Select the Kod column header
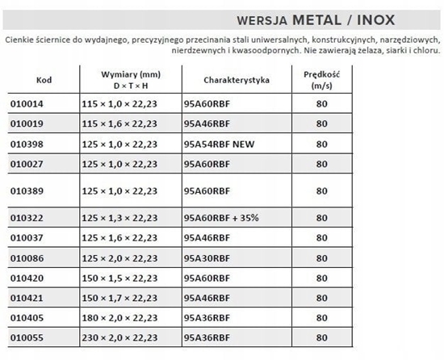click(x=44, y=81)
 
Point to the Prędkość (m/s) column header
click(x=321, y=79)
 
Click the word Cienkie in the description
click(x=21, y=39)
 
